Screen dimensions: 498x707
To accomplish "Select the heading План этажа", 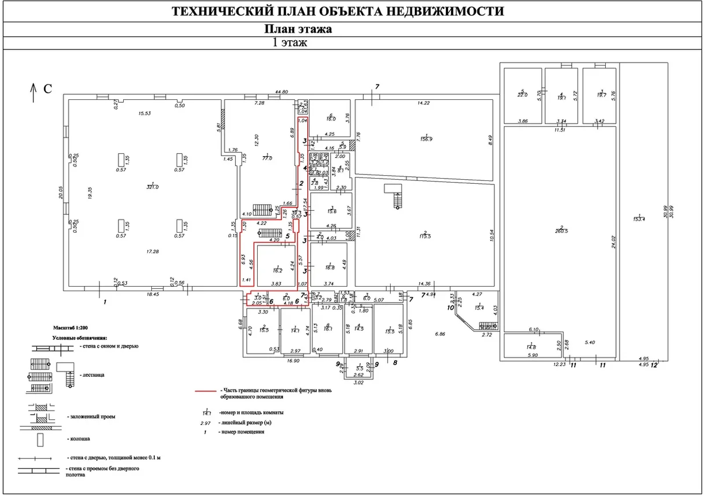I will coord(297,29).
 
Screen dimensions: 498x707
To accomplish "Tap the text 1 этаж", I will coord(291,42).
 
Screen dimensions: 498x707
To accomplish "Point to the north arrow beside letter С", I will coord(33,89).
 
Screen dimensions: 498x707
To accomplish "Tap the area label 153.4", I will coord(638,218).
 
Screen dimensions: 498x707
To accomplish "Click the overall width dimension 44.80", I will coord(281,92).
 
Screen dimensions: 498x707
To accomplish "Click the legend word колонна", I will coord(78,439).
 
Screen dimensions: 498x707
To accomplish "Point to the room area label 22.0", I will coord(522,95).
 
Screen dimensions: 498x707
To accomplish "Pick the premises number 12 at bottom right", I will coord(654,364).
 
